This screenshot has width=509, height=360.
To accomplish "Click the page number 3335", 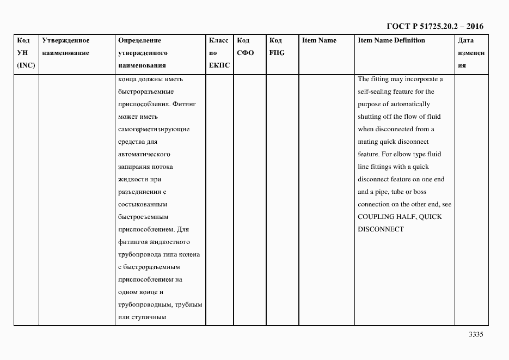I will (x=475, y=334).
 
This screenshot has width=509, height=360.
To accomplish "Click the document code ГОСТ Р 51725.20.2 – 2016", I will (x=434, y=26).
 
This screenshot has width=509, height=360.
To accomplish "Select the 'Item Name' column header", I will (x=319, y=40).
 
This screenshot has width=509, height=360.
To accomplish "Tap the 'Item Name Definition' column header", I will (x=391, y=40).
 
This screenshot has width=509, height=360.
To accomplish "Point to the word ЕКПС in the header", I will (x=219, y=65).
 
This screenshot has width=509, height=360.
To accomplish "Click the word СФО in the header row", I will (x=246, y=53).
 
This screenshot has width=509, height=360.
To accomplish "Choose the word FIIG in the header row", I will (x=277, y=53).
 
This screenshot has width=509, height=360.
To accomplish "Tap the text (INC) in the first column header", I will (x=26, y=65).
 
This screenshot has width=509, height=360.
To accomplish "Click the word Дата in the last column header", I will (x=465, y=40).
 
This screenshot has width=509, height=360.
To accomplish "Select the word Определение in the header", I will (x=139, y=40).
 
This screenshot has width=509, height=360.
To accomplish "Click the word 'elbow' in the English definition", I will (x=405, y=154).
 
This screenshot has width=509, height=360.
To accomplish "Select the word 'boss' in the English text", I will (x=420, y=192).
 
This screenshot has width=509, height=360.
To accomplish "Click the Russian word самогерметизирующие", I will (x=154, y=129).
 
